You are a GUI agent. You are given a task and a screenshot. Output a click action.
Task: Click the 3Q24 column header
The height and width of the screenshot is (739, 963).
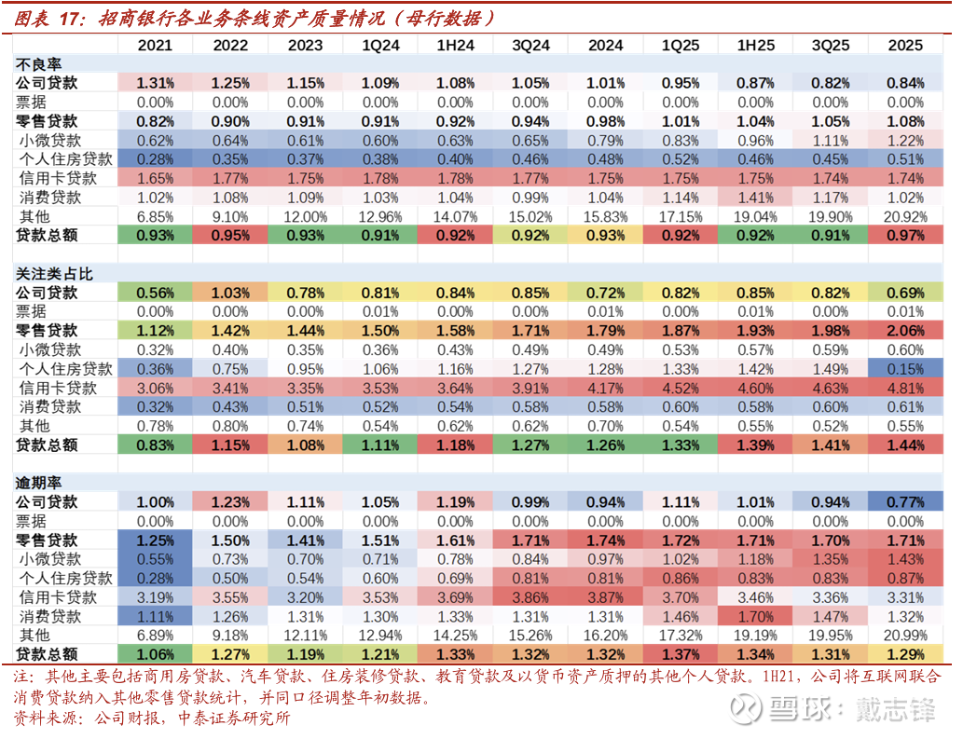[530, 46]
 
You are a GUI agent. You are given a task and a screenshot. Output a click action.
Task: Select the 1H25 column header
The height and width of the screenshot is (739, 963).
[755, 46]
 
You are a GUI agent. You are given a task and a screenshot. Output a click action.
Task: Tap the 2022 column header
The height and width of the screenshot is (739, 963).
[230, 46]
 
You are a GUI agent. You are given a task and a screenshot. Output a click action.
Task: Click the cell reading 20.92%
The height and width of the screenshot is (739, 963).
[905, 216]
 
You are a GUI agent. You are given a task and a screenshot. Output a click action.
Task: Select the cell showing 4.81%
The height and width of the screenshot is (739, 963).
[905, 388]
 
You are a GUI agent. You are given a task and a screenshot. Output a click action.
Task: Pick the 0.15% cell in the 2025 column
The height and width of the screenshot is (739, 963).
[905, 369]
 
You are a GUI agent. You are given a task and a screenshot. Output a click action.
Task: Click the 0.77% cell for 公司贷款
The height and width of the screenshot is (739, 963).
[905, 502]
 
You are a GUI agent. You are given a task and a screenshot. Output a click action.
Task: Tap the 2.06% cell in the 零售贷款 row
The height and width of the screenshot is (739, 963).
[905, 331]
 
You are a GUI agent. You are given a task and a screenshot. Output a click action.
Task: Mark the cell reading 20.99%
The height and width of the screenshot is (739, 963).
[905, 636]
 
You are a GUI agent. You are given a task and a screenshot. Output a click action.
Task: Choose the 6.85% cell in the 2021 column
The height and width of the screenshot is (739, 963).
[156, 216]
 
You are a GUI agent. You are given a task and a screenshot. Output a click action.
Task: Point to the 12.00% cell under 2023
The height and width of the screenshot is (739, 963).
[305, 216]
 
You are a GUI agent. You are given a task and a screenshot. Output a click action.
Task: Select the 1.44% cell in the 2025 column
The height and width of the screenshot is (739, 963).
[905, 445]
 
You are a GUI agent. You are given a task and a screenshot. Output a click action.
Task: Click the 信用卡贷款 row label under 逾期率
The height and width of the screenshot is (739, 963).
[58, 597]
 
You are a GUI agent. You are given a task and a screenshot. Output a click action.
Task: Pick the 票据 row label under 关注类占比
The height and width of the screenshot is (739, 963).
[31, 312]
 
